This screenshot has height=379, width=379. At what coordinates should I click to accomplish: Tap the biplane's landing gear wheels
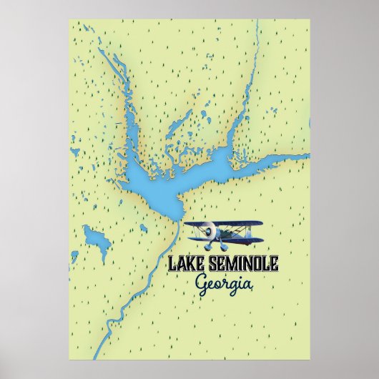click(x=214, y=242)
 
